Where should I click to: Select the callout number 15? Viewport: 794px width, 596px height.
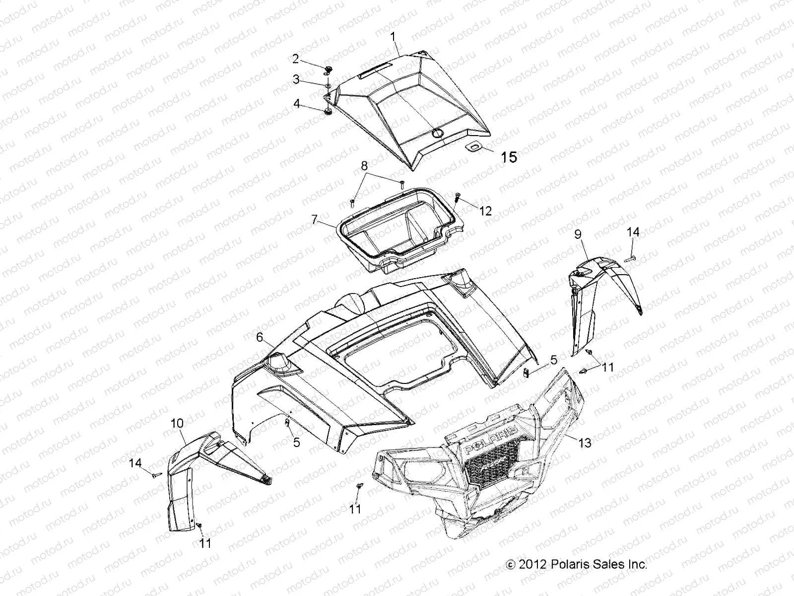pyautogui.click(x=508, y=157)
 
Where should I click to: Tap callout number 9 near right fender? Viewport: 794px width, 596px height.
pyautogui.click(x=578, y=234)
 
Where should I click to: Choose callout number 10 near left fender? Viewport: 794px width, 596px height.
pyautogui.click(x=177, y=423)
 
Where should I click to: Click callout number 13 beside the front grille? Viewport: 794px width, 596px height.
pyautogui.click(x=585, y=442)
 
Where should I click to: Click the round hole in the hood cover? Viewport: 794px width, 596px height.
pyautogui.click(x=437, y=133)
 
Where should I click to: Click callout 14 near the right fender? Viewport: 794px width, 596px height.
pyautogui.click(x=633, y=231)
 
